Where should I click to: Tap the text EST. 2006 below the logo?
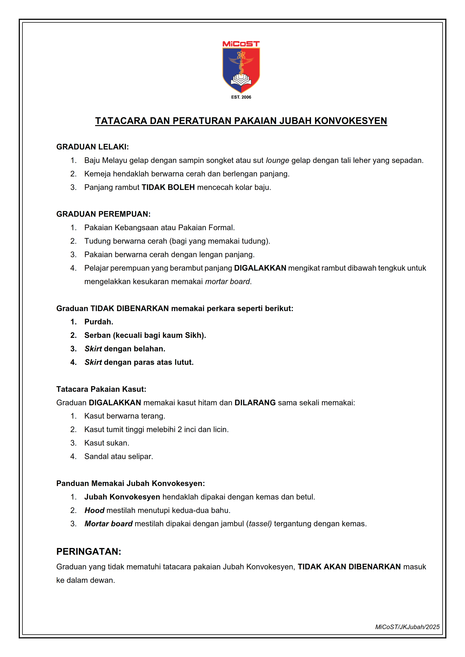click(x=241, y=97)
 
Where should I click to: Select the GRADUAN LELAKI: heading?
click(x=92, y=147)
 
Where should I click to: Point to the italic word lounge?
click(x=277, y=161)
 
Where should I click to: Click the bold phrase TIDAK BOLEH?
click(x=168, y=187)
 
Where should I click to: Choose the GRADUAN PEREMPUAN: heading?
click(x=103, y=214)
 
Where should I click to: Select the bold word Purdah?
click(x=98, y=322)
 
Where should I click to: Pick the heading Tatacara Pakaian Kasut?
click(x=101, y=389)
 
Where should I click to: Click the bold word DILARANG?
click(x=255, y=403)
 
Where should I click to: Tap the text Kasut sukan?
click(x=107, y=443)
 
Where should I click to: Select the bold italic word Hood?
click(x=95, y=511)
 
